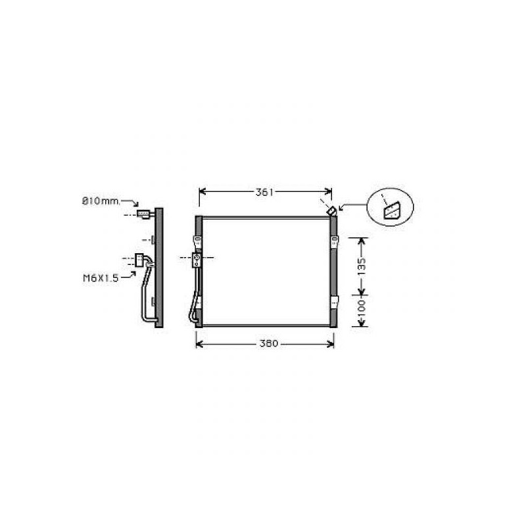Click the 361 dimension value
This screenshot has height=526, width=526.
pos(265,192)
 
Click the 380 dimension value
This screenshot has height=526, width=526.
pos(269,343)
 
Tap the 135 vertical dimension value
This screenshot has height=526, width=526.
pos(361,267)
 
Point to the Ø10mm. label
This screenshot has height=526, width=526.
pos(101,201)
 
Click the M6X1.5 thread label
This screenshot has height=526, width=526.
pos(101,278)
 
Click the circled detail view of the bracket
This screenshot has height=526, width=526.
pos(391,207)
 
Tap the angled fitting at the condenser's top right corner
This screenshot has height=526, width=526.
pos(331,211)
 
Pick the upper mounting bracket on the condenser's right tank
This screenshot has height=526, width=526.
pos(334,241)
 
